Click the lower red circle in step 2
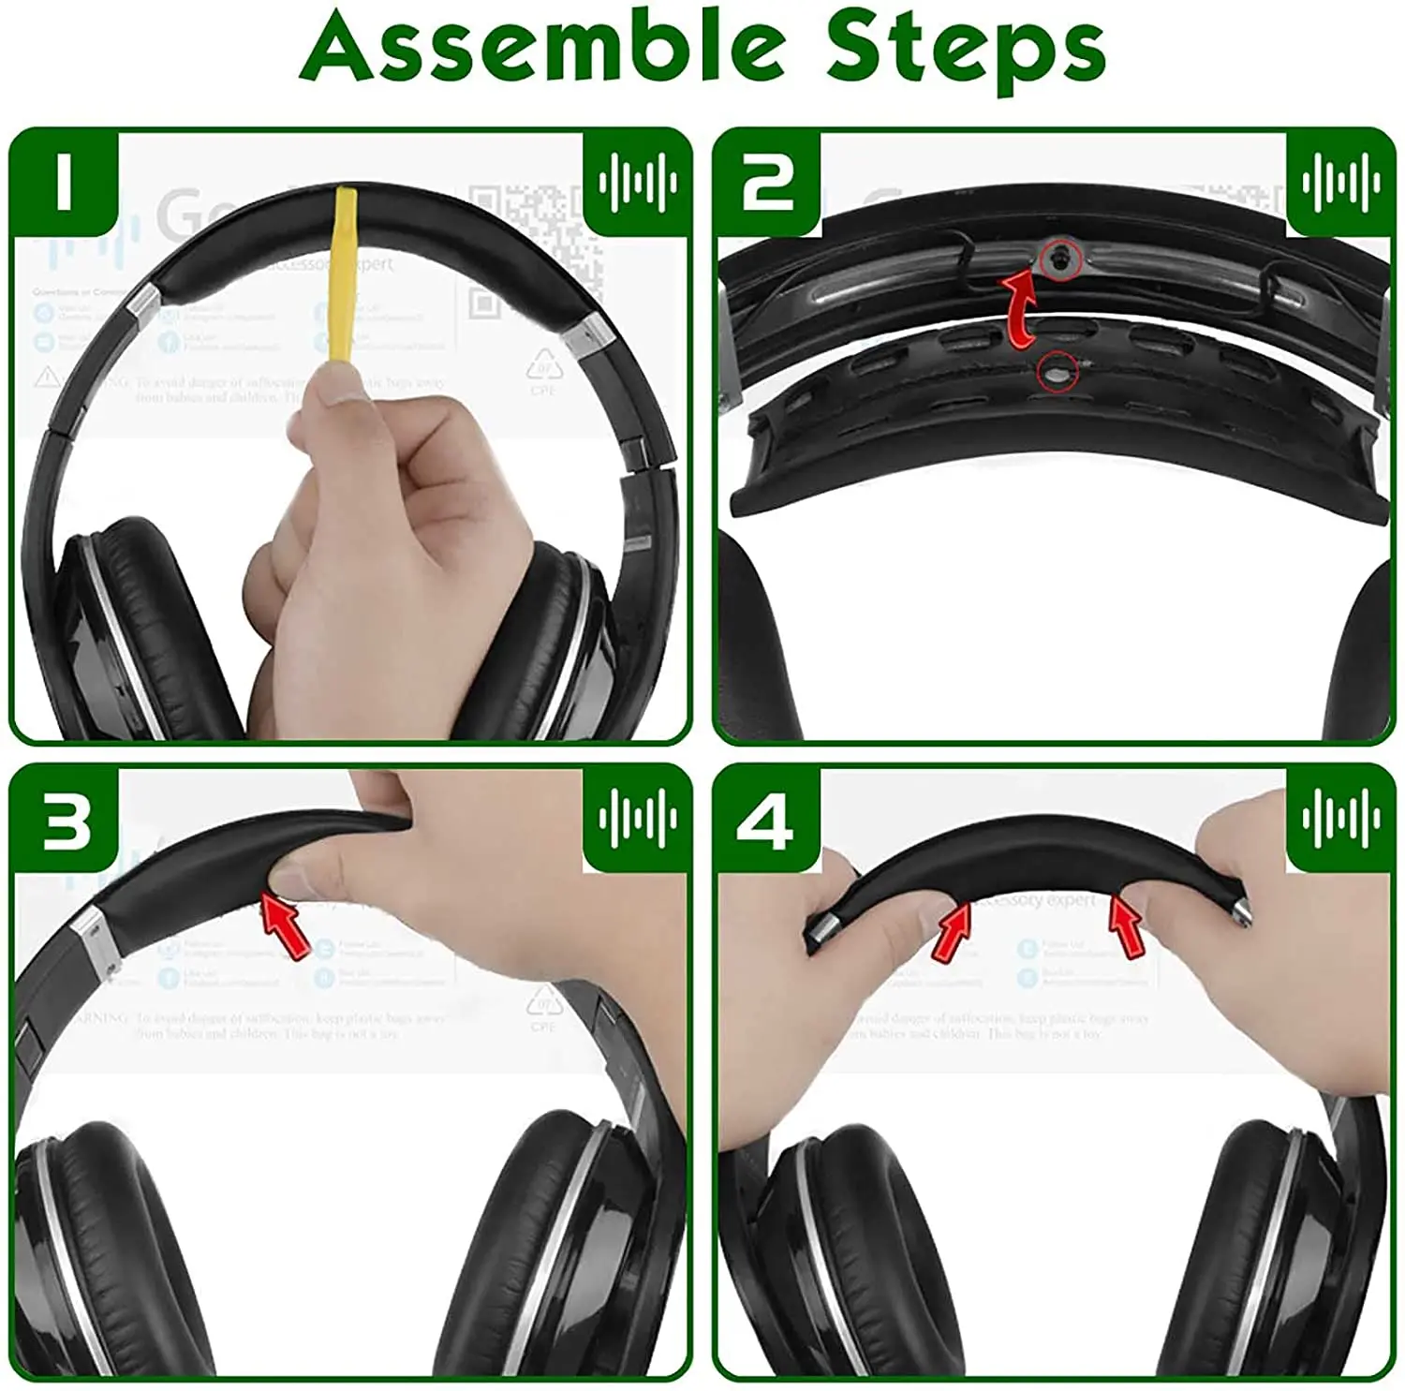tap(1057, 374)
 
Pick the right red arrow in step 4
tap(1124, 925)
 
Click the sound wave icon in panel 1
tap(638, 182)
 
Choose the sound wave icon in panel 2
tap(1340, 182)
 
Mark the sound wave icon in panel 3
tap(638, 819)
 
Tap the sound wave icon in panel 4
tap(1340, 819)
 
